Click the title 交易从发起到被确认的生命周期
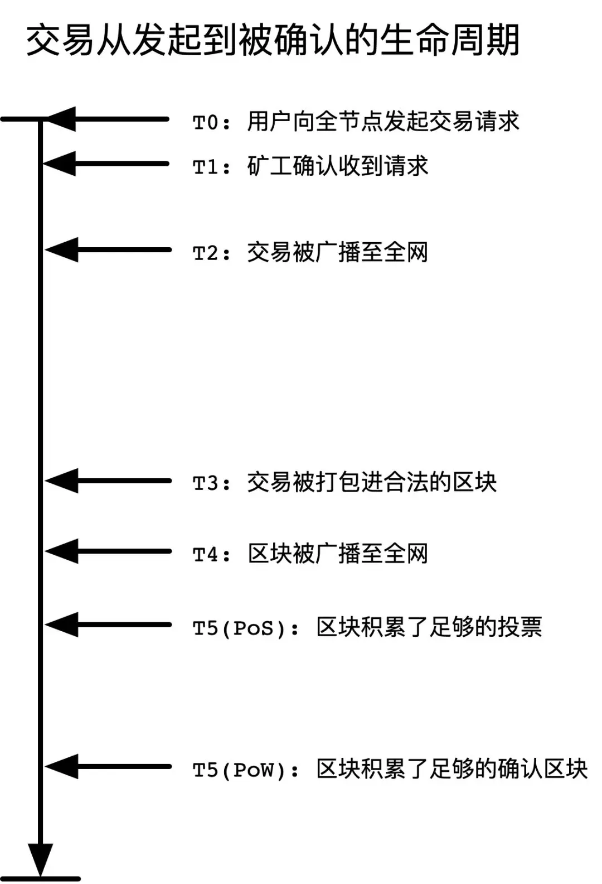[x=273, y=40]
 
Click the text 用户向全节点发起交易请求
[x=383, y=122]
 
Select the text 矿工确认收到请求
[x=338, y=166]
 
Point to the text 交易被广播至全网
[x=338, y=252]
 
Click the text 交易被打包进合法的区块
[x=372, y=482]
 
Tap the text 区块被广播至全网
[x=338, y=554]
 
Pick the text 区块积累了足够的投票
[x=429, y=627]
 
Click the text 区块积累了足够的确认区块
[x=452, y=769]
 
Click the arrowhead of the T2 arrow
[x=61, y=250]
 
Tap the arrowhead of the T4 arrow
[x=61, y=551]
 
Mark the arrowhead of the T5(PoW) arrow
[x=61, y=766]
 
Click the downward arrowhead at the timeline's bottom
[x=40, y=859]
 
